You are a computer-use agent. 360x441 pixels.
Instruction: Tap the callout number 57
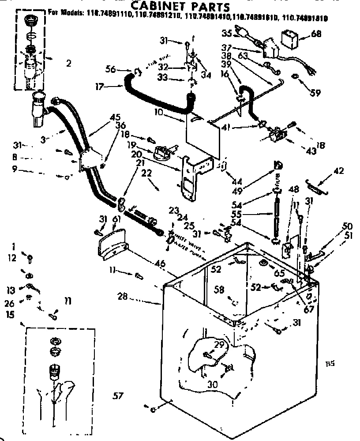tap(117, 395)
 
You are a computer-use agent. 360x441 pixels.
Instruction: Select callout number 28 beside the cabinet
tap(123, 297)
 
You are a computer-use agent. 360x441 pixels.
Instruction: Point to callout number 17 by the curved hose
tap(101, 87)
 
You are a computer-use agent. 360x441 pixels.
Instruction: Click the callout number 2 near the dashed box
tap(68, 63)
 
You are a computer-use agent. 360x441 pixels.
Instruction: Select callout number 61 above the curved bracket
tap(116, 219)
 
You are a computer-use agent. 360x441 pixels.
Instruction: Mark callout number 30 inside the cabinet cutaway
tap(213, 384)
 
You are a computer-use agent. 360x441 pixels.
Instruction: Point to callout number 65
tap(280, 273)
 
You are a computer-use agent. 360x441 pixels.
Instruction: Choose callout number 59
tap(315, 93)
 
